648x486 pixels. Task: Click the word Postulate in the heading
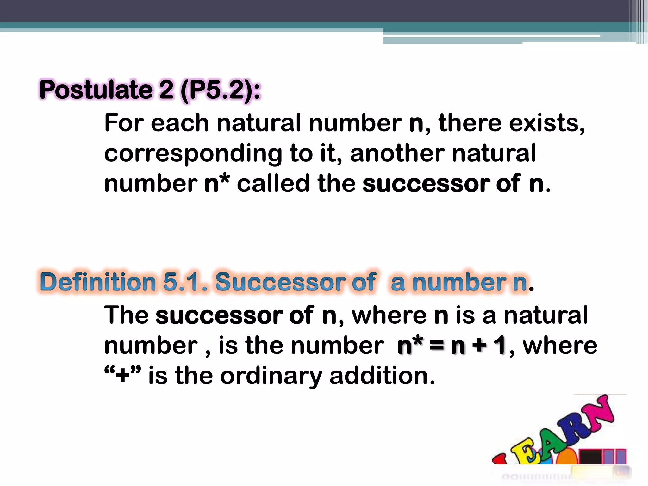(x=96, y=90)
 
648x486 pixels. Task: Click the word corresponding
(x=193, y=154)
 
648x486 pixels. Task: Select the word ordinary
(x=271, y=377)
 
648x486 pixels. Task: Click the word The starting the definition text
(x=126, y=315)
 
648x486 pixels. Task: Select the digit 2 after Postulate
(x=166, y=90)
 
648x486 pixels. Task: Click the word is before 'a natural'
(x=465, y=315)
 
